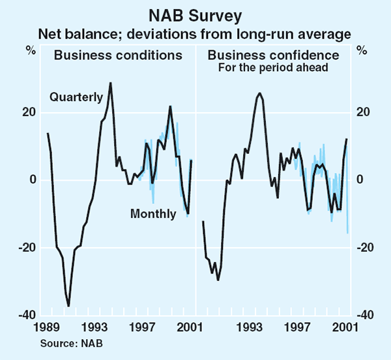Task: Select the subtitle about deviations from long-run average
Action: (195, 33)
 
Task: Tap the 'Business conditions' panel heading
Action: (118, 55)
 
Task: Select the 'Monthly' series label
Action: (153, 213)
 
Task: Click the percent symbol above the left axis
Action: (30, 50)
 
